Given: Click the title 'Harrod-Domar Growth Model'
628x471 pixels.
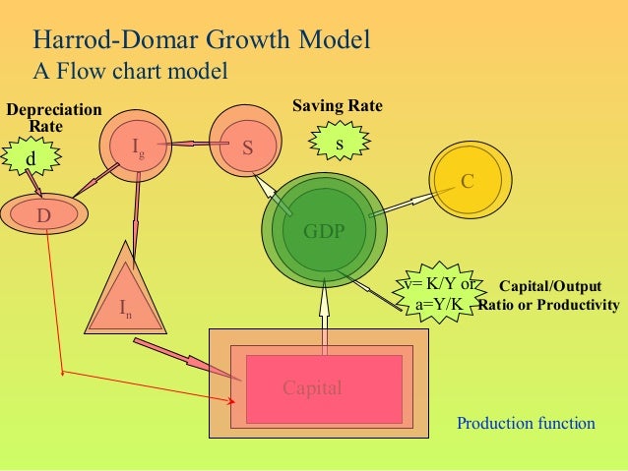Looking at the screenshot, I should click(x=202, y=40).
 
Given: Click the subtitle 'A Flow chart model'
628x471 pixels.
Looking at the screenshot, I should click(x=131, y=71).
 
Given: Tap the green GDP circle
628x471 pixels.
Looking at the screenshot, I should click(x=323, y=231).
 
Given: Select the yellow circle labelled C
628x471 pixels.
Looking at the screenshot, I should click(x=468, y=182).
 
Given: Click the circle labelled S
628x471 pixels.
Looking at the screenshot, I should click(x=247, y=147).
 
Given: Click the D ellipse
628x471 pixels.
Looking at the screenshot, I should click(x=44, y=214).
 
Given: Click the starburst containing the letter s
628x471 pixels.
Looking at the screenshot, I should click(x=340, y=145).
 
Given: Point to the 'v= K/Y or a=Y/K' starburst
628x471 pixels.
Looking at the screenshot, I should click(x=440, y=294).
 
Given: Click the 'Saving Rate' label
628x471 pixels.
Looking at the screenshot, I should click(x=338, y=105).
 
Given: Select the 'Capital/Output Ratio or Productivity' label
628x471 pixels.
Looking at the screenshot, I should click(x=550, y=296).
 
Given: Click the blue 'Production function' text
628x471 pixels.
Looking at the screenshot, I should click(x=526, y=424).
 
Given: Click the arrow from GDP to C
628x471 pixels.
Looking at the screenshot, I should click(x=402, y=203).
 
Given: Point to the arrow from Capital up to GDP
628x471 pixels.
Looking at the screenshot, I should click(x=323, y=305).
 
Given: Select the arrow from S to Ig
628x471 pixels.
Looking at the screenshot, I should click(x=195, y=146).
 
